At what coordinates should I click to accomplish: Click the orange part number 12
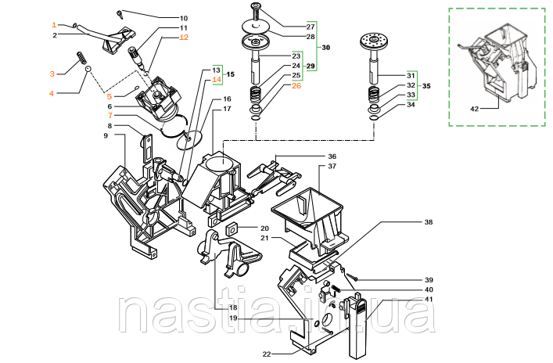tap(184, 38)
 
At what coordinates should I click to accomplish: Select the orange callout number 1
tap(54, 24)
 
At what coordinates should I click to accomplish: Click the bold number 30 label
tap(325, 49)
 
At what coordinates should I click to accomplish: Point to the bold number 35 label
tap(426, 85)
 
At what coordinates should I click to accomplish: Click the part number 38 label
tap(428, 222)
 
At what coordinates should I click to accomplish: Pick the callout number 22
tap(266, 354)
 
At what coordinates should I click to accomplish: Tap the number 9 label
tap(105, 137)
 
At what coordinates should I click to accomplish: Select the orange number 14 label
tap(217, 80)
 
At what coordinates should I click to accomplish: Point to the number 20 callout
tap(243, 228)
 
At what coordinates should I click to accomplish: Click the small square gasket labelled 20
tap(232, 229)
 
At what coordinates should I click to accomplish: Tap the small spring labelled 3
tap(79, 58)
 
